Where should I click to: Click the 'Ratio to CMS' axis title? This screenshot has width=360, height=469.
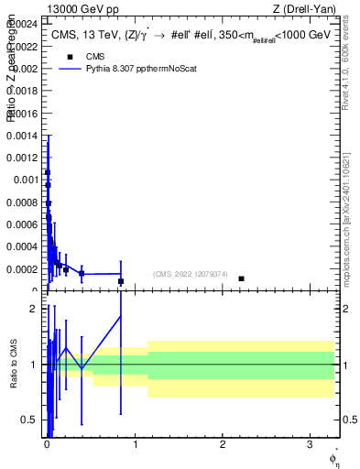(14, 365)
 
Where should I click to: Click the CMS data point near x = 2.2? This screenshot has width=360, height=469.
(241, 278)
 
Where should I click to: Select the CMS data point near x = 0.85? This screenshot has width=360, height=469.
(121, 281)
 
